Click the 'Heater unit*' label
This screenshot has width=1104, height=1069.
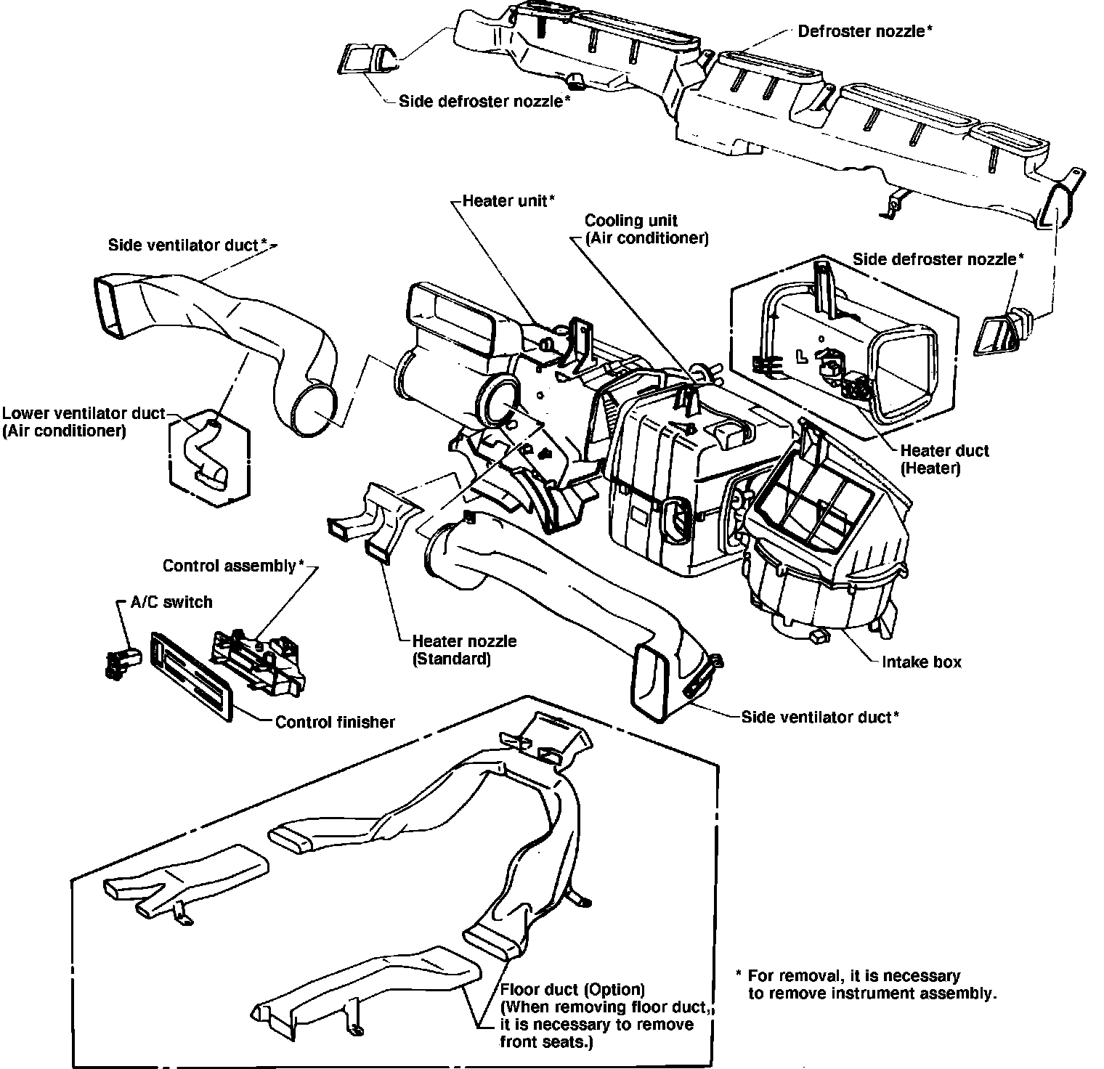[509, 200]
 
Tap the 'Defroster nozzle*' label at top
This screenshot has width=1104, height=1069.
[864, 31]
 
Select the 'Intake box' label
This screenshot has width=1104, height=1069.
[921, 662]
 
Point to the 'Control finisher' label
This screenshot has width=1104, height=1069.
[335, 722]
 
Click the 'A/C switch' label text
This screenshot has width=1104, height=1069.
[171, 602]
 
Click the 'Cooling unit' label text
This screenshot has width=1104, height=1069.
[631, 220]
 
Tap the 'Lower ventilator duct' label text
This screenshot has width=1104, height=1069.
[84, 414]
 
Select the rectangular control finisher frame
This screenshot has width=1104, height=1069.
[191, 675]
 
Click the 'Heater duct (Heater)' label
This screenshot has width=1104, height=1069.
[944, 459]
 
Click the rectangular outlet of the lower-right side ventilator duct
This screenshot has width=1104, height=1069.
[652, 679]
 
